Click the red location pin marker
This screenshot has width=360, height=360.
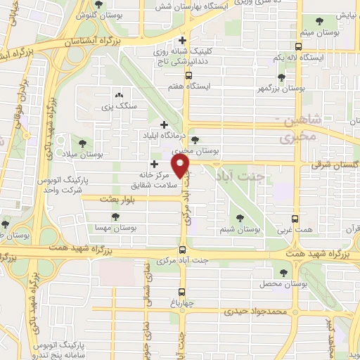point(181,167)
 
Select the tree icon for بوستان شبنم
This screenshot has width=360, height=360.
point(240,219)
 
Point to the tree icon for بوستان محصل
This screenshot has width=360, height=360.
point(283,271)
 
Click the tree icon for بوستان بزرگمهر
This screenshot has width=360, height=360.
point(281,77)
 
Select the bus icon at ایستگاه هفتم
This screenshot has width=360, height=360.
point(188,75)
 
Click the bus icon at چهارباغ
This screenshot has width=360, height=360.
point(182,291)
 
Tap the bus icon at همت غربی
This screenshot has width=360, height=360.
point(294,219)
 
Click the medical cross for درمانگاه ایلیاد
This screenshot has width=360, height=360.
point(165,124)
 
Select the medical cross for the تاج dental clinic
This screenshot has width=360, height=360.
point(183,39)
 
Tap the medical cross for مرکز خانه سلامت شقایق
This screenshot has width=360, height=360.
point(153,165)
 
